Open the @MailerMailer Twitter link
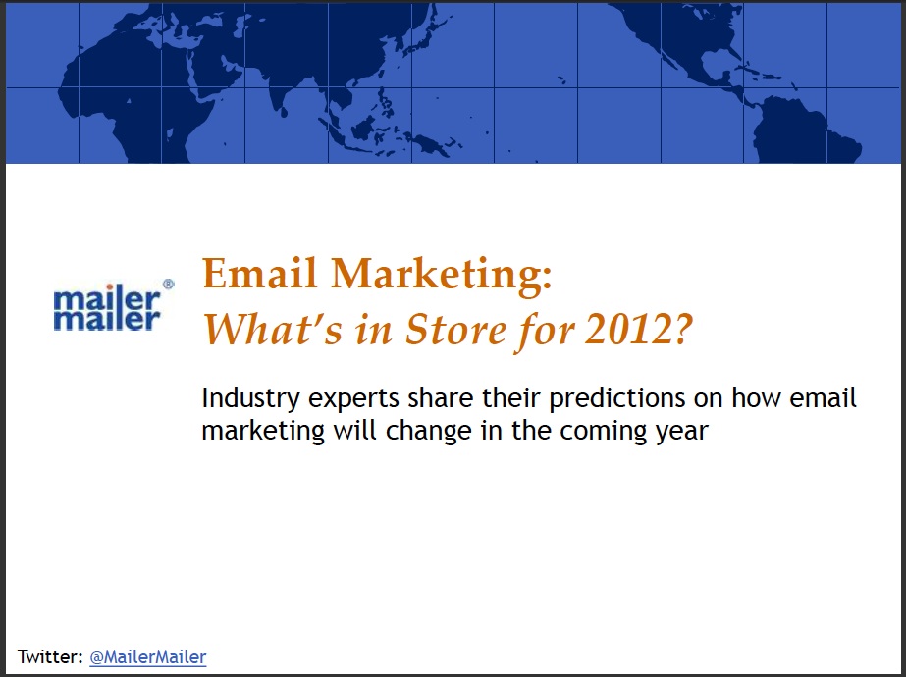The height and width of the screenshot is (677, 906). tap(148, 656)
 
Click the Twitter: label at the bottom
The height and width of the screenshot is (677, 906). tap(50, 656)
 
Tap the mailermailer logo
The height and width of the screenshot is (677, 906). tap(107, 307)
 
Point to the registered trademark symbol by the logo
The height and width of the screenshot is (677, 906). tap(169, 284)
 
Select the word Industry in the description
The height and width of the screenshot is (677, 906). tap(250, 398)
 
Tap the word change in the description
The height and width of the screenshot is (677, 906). tap(429, 432)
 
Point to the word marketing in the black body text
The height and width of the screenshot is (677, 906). tap(263, 432)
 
